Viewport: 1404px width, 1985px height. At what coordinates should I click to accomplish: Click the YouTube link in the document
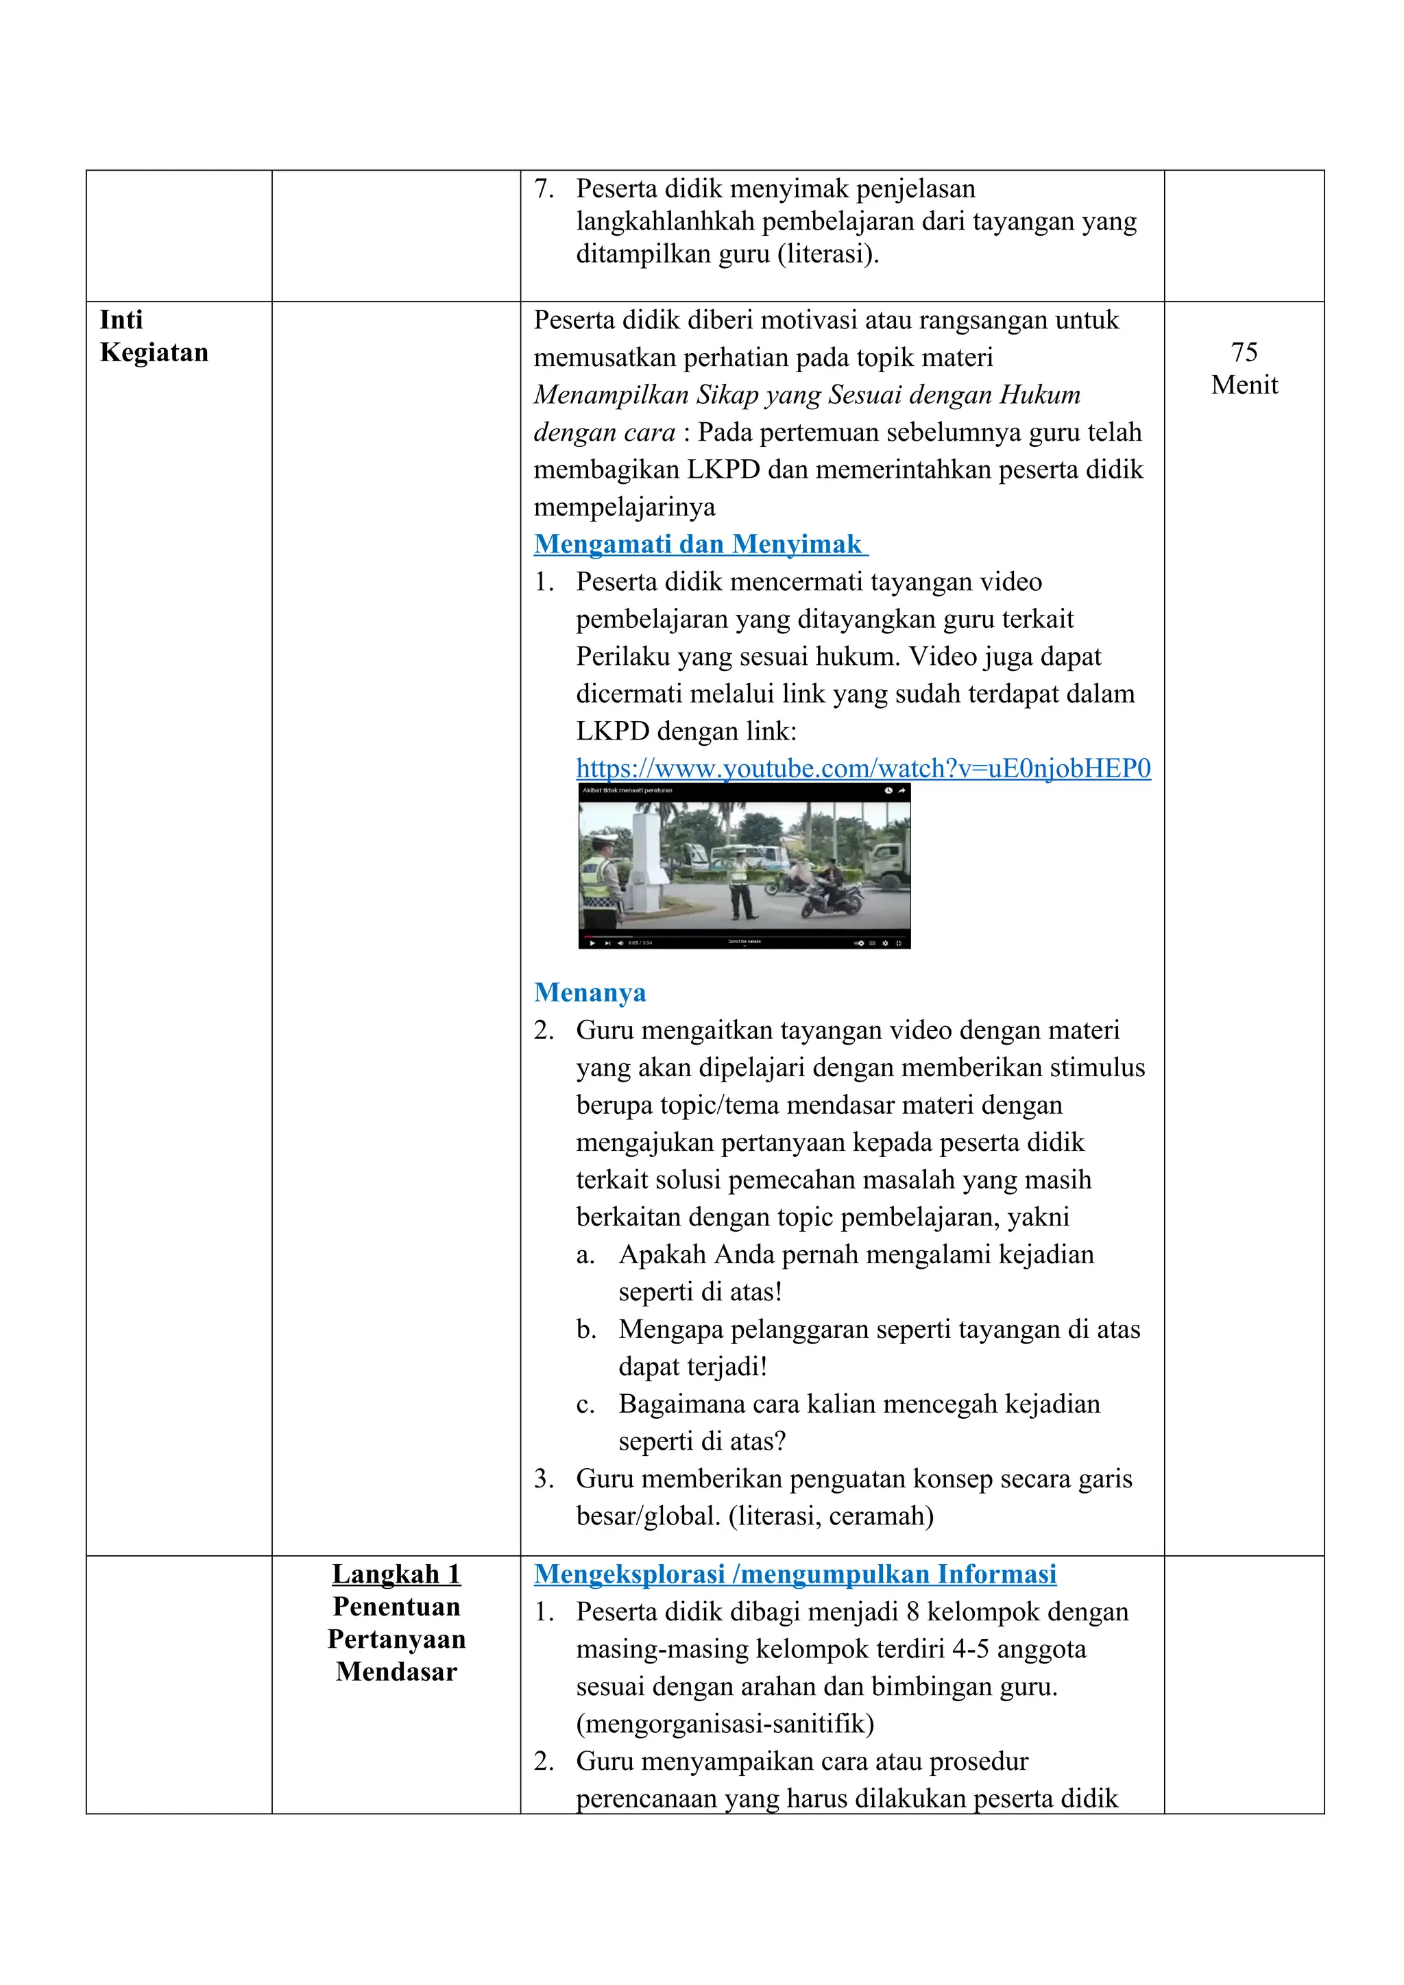click(863, 768)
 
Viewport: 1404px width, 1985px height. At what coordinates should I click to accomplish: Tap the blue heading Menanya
click(590, 992)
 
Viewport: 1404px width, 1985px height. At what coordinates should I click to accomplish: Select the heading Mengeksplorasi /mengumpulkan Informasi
click(795, 1574)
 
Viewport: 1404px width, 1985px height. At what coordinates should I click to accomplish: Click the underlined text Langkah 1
click(396, 1574)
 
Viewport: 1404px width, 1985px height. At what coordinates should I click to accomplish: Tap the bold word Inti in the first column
click(121, 320)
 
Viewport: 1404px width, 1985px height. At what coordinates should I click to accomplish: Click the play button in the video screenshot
click(592, 943)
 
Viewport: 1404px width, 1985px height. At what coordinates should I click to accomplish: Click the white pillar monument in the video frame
click(649, 856)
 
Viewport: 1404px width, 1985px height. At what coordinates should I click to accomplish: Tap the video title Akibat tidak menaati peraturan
click(628, 790)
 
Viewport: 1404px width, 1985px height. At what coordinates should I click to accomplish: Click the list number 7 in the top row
click(543, 188)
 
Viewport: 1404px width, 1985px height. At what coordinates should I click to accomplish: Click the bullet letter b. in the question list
click(586, 1329)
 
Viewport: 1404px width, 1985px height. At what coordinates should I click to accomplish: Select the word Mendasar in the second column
click(396, 1671)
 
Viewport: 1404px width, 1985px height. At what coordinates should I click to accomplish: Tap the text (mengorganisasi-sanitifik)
click(725, 1723)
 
